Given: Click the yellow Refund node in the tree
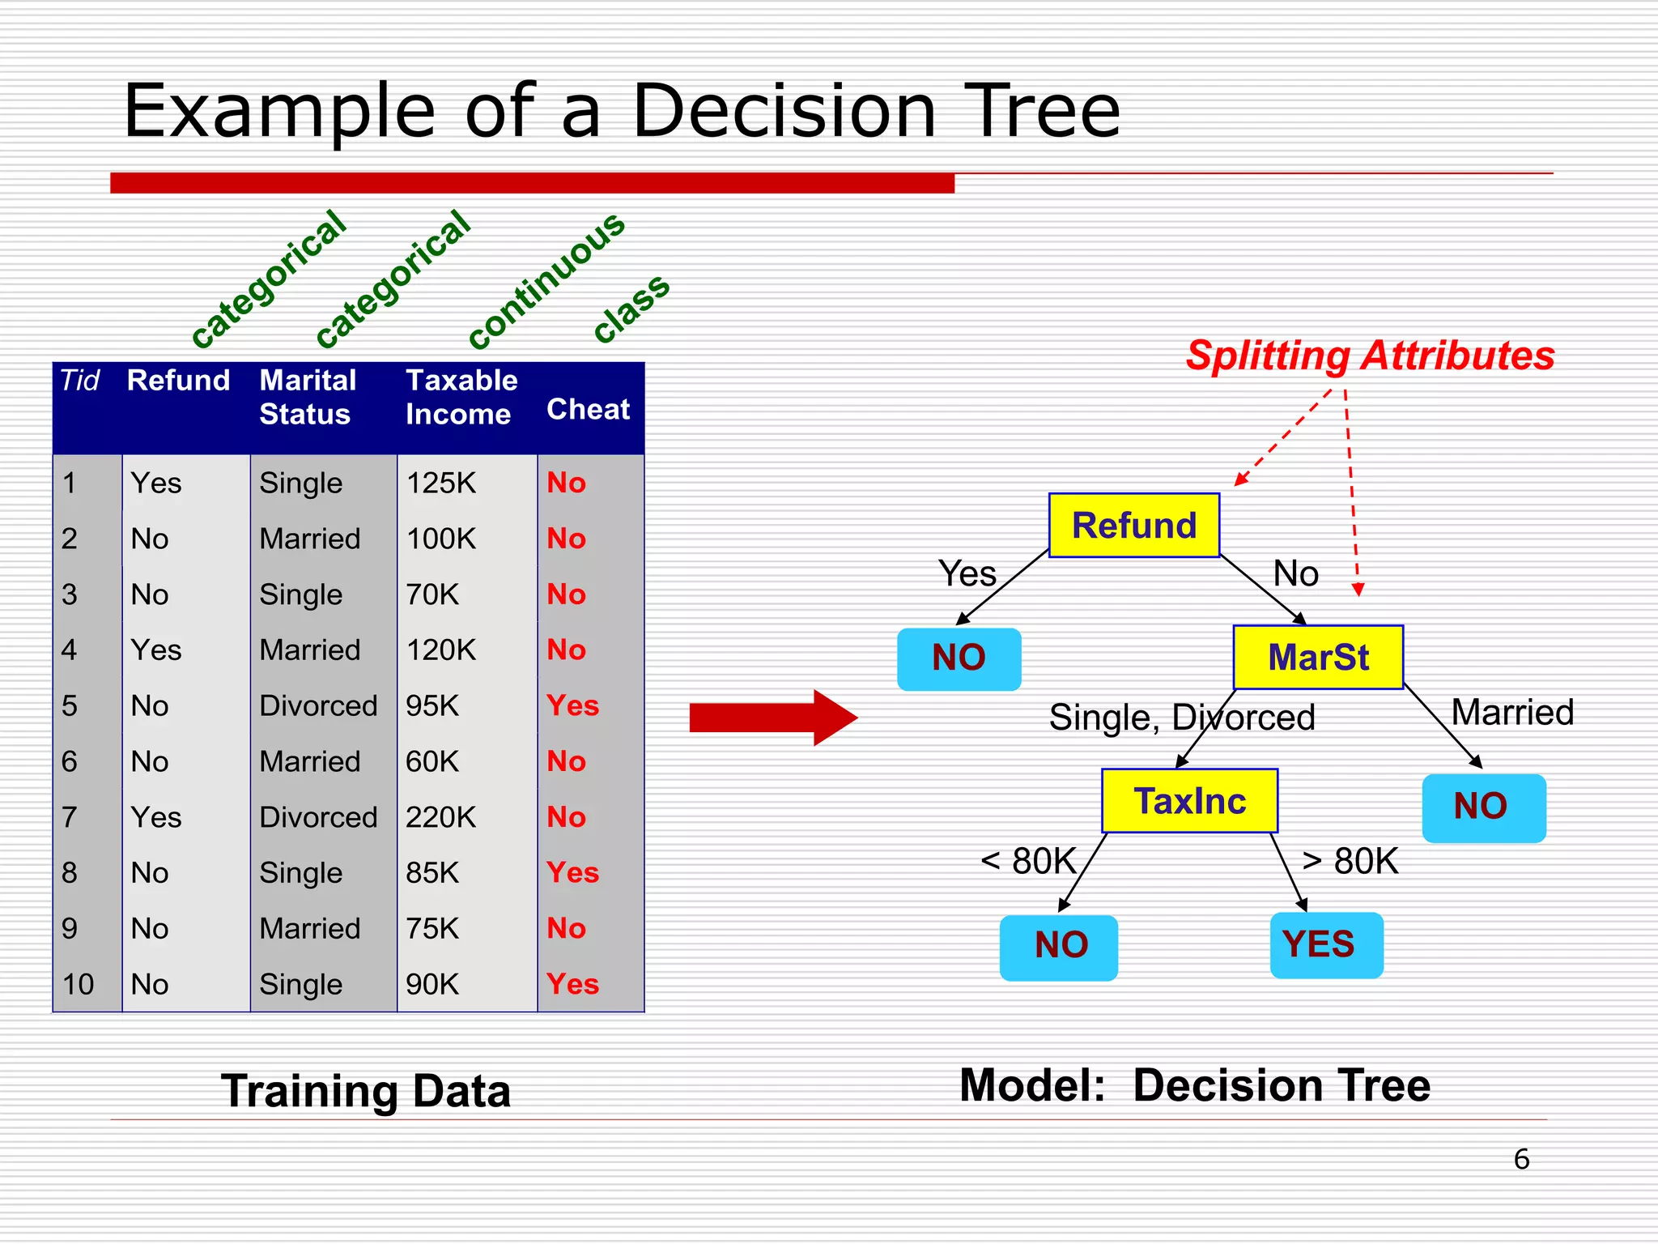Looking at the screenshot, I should [x=1133, y=525].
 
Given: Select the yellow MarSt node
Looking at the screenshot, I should [x=1317, y=657].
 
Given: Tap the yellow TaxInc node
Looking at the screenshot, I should [x=1189, y=801].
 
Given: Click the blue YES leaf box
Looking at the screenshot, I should [x=1325, y=944].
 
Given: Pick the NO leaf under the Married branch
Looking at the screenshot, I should [x=1483, y=807].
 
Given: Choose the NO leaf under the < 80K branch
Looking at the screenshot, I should [x=1059, y=946].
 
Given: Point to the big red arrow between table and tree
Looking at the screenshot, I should [x=772, y=718].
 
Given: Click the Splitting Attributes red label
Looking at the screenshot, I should [x=1369, y=356].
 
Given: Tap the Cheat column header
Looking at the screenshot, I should [x=588, y=409].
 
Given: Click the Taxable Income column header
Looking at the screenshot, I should [x=461, y=397].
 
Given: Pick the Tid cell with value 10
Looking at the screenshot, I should [x=78, y=984].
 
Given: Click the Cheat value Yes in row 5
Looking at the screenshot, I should [x=572, y=705].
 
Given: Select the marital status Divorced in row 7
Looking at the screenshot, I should [x=318, y=817].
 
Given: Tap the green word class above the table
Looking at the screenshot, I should [x=631, y=308].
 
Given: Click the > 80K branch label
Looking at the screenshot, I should [x=1350, y=860].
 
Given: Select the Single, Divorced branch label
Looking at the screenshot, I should [x=1181, y=718].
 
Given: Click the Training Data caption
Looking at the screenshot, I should [x=366, y=1090].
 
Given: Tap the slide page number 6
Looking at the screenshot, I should [x=1521, y=1159].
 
